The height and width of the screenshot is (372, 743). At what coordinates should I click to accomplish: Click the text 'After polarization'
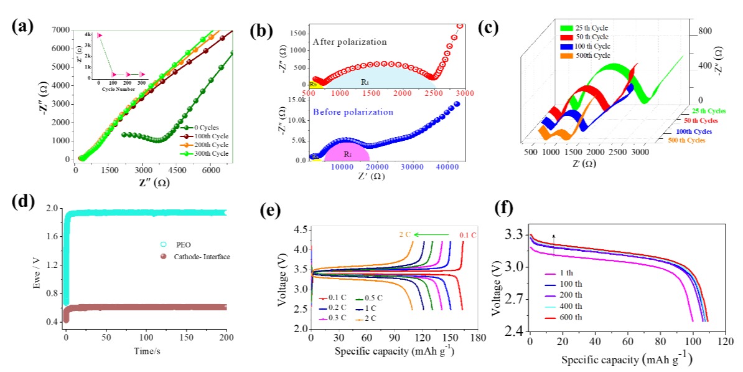coord(349,42)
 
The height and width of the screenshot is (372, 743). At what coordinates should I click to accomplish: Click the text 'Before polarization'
coord(353,112)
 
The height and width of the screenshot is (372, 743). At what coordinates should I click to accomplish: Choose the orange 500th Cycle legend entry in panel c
coord(591,56)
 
